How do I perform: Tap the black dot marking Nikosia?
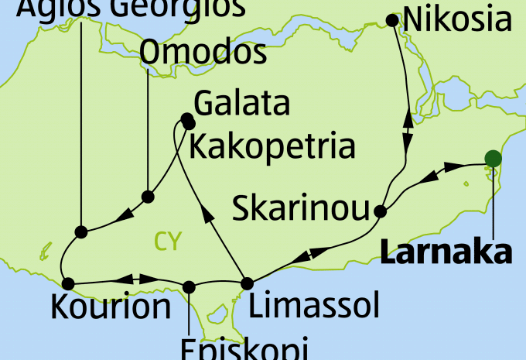[x=393, y=20]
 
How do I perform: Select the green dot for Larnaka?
[x=492, y=159]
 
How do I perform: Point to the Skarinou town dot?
[x=380, y=211]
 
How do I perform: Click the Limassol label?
[x=315, y=307]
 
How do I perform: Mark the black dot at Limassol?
[x=247, y=283]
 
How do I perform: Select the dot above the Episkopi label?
[x=188, y=286]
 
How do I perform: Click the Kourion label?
[x=111, y=307]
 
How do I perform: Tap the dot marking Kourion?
[x=68, y=283]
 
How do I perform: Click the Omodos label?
[x=205, y=54]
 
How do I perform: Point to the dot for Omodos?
[x=148, y=197]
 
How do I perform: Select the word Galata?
[x=242, y=104]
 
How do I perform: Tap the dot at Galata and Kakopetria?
[x=187, y=121]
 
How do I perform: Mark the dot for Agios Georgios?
[x=80, y=231]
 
